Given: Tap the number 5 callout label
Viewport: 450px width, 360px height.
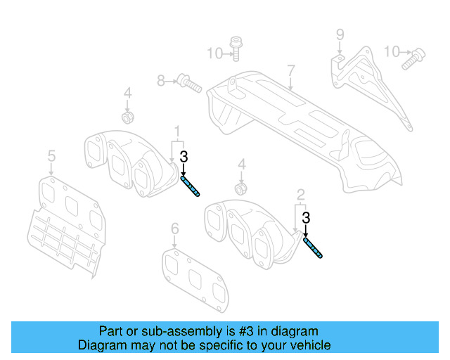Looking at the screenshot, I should [x=51, y=154].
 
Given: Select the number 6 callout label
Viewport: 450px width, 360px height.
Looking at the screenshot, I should [x=175, y=228].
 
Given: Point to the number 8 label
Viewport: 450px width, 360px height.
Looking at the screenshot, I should [x=161, y=82].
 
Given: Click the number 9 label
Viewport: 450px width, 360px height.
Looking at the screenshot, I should [x=340, y=34].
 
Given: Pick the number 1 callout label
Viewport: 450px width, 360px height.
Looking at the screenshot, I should [x=178, y=131].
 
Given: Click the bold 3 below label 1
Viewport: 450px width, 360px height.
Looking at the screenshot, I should [x=184, y=157].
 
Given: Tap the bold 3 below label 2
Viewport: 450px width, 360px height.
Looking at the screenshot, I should [x=306, y=218].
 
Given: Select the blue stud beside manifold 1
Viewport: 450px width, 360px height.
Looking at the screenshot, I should [x=191, y=188].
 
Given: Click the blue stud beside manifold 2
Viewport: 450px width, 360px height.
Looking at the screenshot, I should [x=314, y=248].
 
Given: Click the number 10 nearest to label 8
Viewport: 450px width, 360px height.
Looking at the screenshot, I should [x=214, y=52].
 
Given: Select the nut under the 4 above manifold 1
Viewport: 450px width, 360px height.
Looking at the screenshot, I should [x=128, y=115].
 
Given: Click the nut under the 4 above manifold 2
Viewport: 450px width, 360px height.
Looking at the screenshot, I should [x=241, y=188].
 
